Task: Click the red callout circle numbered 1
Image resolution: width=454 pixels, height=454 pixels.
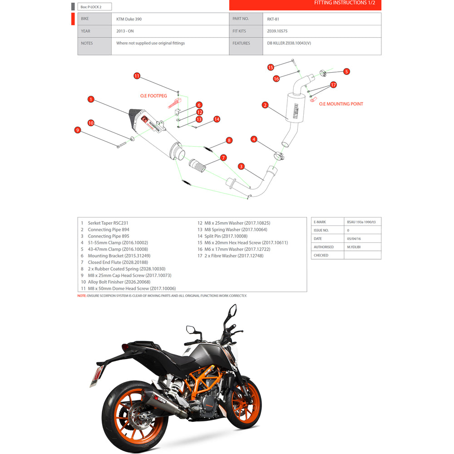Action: [91, 99]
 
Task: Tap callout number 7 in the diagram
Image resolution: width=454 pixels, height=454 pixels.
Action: [223, 158]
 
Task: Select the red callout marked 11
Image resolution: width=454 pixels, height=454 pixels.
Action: [137, 76]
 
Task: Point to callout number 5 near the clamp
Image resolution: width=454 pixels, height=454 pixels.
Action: [346, 71]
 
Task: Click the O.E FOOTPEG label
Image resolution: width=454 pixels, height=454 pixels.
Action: [153, 96]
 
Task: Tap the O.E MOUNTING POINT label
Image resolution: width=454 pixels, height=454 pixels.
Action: [341, 104]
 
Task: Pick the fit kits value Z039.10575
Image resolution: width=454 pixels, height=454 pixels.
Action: [277, 31]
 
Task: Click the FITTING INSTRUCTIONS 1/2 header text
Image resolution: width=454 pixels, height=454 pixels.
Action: [345, 3]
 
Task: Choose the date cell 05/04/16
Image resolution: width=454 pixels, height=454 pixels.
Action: [354, 239]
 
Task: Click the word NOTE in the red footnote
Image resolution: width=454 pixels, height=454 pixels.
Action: [82, 296]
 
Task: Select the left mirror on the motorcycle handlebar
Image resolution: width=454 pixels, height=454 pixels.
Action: [191, 329]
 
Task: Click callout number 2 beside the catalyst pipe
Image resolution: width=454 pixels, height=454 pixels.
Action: [265, 105]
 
